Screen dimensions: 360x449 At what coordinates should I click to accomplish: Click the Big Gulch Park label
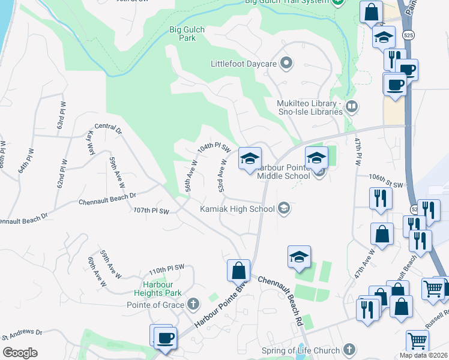tap(183, 33)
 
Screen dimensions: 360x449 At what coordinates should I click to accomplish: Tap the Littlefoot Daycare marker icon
tap(286, 63)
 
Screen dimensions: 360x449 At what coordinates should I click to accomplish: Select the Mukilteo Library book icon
tap(352, 107)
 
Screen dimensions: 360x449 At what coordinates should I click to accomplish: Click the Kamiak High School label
tap(237, 209)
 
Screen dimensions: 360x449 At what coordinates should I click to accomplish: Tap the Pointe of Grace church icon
tap(193, 304)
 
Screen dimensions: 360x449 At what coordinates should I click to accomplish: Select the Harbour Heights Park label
tap(162, 289)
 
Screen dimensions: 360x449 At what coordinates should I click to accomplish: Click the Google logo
tap(20, 353)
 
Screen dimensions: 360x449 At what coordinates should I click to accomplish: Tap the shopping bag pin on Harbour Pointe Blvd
tap(238, 270)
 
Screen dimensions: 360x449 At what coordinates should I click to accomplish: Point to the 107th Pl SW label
tap(151, 211)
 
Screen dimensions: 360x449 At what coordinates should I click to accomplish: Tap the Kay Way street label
tap(92, 143)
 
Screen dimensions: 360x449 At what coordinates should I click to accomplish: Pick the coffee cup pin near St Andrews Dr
tap(164, 337)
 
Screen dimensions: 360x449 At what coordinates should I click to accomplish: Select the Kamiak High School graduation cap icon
tap(284, 209)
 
